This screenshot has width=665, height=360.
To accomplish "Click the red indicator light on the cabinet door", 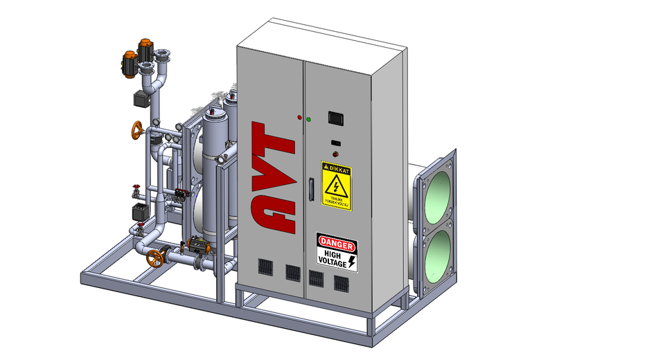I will tap(299, 118).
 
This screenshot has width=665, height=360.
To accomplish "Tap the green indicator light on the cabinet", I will tap(308, 119).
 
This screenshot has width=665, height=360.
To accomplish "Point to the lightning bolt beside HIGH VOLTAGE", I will tap(351, 261).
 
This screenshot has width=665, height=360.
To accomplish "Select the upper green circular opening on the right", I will tap(438, 196).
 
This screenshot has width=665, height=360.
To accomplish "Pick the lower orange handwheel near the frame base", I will tap(155, 258).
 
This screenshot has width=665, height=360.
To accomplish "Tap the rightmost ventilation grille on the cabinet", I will tap(341, 282).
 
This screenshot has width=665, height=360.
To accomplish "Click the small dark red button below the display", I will tap(336, 154).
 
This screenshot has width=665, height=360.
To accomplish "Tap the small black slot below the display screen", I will tap(335, 143).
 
